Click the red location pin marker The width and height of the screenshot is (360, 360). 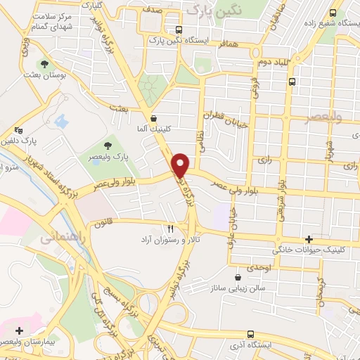181,165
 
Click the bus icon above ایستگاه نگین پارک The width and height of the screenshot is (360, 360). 179,30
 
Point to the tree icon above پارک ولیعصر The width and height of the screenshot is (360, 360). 107,146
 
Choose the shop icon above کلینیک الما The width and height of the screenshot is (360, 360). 153,118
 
